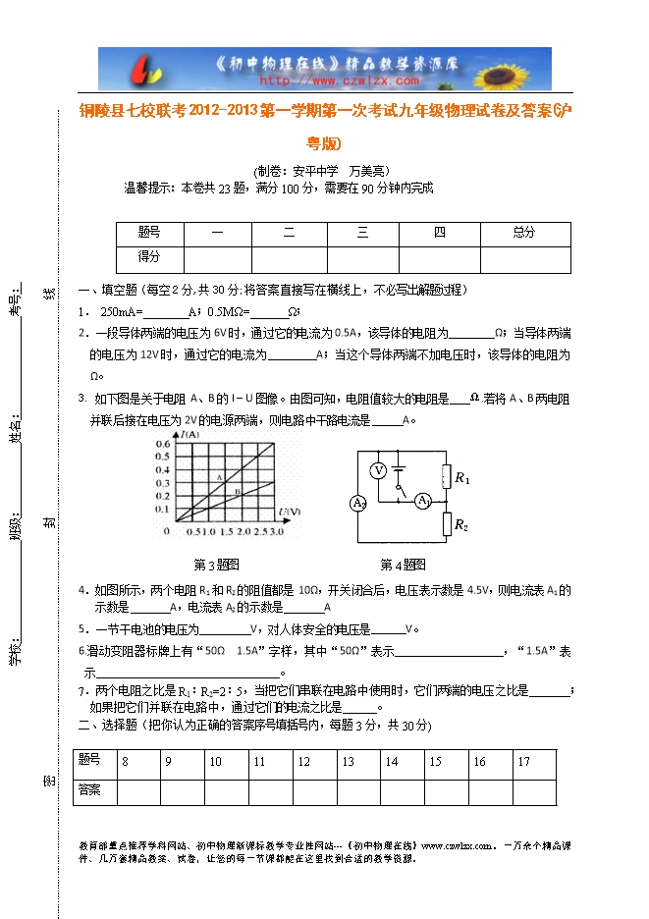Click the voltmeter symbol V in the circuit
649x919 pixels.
378,470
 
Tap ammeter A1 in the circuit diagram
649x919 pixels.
423,501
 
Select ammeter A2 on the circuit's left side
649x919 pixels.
358,504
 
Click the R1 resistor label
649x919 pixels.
462,479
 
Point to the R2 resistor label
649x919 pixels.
461,525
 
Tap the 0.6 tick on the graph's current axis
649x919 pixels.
162,446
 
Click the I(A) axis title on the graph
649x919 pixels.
189,434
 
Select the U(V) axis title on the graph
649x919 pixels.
290,512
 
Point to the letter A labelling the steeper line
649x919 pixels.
221,476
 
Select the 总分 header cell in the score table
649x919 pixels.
524,233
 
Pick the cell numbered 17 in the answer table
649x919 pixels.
524,762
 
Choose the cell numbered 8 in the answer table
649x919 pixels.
125,762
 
